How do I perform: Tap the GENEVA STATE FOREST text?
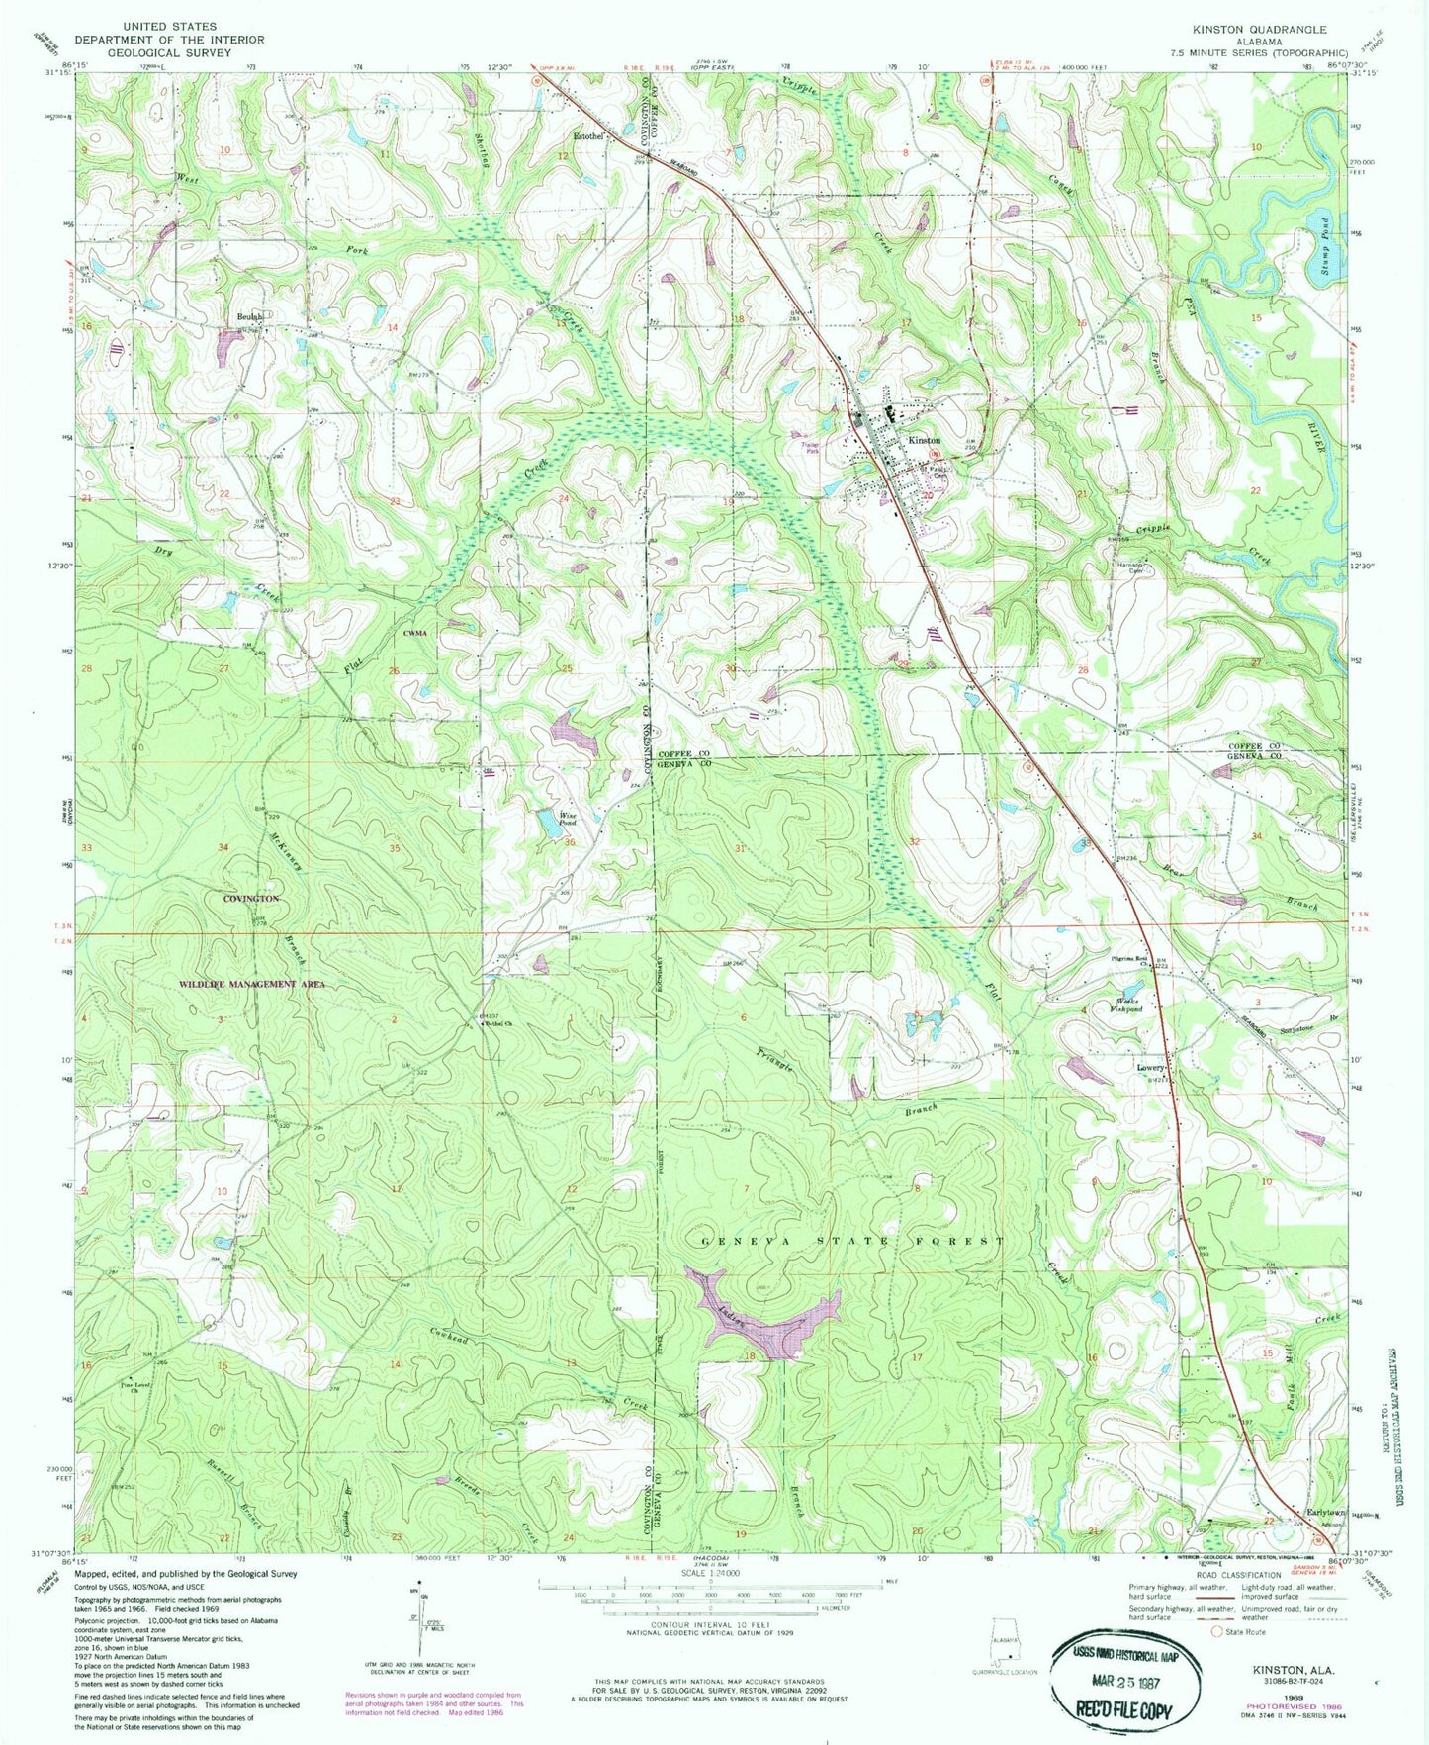(852, 1241)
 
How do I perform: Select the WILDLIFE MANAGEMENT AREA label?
(250, 984)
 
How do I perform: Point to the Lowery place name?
(1150, 1069)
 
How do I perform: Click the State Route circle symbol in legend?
(1204, 1632)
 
